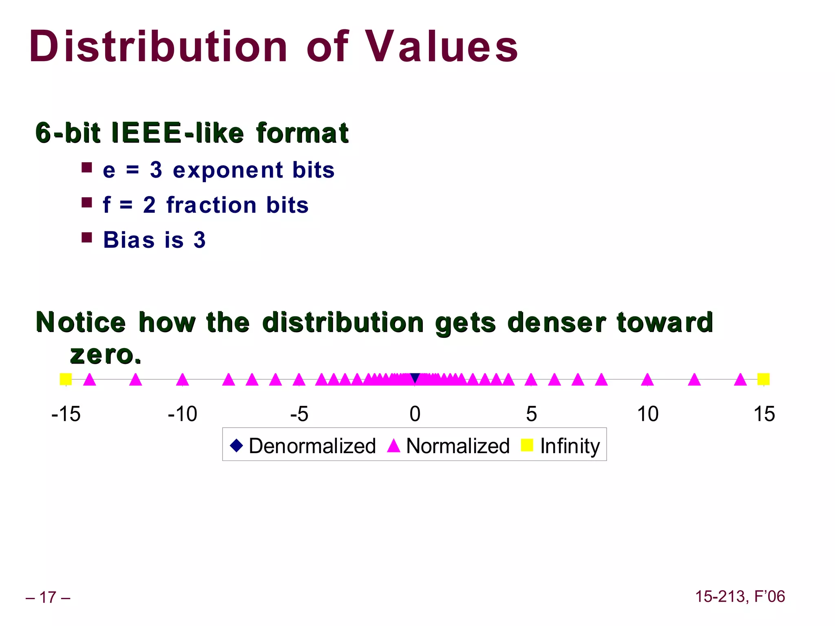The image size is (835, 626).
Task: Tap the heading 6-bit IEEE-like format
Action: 192,133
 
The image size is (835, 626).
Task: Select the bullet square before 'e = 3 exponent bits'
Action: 86,168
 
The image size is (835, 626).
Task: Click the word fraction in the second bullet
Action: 211,205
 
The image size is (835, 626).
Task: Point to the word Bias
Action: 129,240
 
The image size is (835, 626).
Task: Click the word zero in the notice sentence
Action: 105,354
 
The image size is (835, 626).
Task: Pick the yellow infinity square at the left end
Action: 66,379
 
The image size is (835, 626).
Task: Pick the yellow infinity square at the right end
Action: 763,379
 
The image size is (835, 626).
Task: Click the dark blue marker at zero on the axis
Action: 415,378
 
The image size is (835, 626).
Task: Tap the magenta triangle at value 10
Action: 647,380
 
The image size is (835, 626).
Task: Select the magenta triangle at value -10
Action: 182,380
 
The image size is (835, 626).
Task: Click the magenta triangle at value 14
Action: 740,380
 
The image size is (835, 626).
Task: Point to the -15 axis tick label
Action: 66,414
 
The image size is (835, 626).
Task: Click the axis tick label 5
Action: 531,414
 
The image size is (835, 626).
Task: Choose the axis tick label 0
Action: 415,414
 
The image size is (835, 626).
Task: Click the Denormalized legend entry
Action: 312,445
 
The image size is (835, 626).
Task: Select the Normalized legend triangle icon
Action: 393,445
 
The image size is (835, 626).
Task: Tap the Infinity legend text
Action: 570,445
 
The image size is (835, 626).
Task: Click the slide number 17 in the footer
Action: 48,597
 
